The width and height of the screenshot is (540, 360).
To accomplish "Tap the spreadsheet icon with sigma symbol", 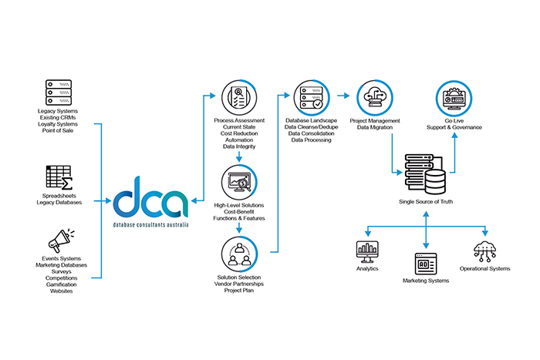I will coord(59,179).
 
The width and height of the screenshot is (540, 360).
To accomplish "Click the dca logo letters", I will coord(150,199).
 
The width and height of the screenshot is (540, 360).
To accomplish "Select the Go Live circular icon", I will coord(451,99).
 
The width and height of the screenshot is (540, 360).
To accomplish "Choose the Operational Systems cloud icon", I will coord(485,251).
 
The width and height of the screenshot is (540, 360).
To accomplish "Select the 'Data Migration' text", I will coord(375,127).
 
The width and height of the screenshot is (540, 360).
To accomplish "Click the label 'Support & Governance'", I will coord(451,127).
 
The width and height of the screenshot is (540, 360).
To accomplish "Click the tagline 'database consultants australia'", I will coord(150,224).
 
